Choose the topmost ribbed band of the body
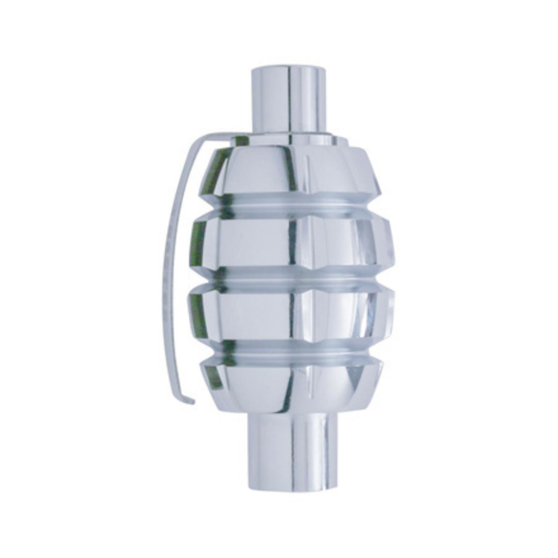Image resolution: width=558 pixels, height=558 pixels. (x=291, y=171)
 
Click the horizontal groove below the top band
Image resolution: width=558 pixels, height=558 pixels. (x=291, y=205)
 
